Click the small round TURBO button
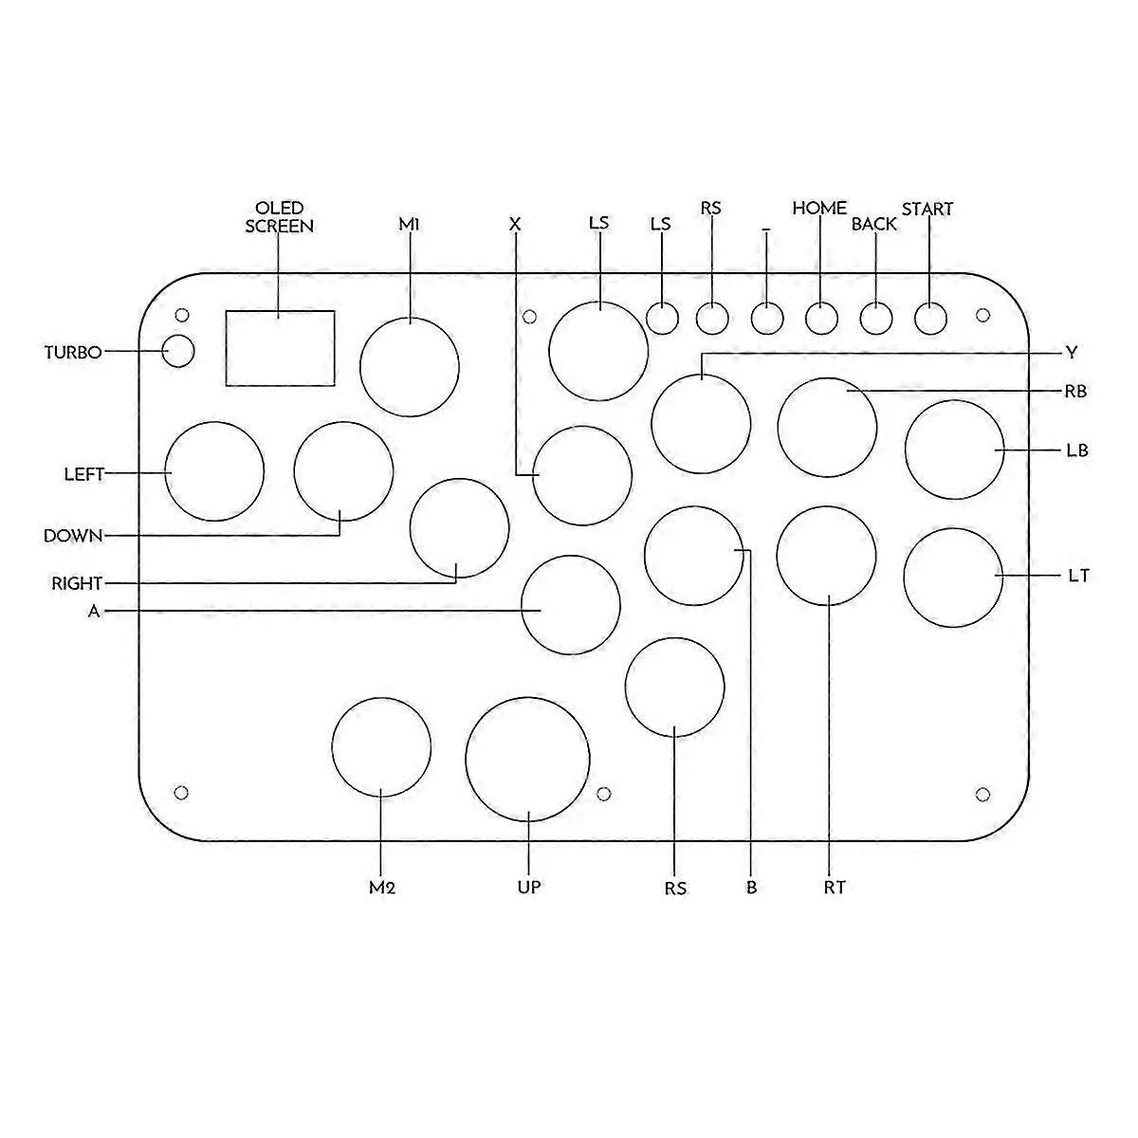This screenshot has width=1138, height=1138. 178,351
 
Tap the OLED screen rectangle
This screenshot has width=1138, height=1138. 280,348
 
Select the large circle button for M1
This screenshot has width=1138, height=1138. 410,367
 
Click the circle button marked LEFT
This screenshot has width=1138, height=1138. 214,471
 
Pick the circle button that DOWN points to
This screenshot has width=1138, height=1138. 343,472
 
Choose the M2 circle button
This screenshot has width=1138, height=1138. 381,746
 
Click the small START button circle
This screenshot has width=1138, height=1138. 930,318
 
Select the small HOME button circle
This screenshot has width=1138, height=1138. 821,318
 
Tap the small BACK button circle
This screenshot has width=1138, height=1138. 876,318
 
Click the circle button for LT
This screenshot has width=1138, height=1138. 952,578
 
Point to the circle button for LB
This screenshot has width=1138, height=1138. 954,450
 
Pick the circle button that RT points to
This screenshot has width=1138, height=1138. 826,556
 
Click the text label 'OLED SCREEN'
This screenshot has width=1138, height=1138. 279,217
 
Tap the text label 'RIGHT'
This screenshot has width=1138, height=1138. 77,583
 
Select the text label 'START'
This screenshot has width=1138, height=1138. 927,209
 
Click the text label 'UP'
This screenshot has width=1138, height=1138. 528,887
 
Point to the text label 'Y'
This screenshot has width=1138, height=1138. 1071,353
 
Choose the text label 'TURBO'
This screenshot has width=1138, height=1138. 73,353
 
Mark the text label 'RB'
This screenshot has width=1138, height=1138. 1075,391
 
